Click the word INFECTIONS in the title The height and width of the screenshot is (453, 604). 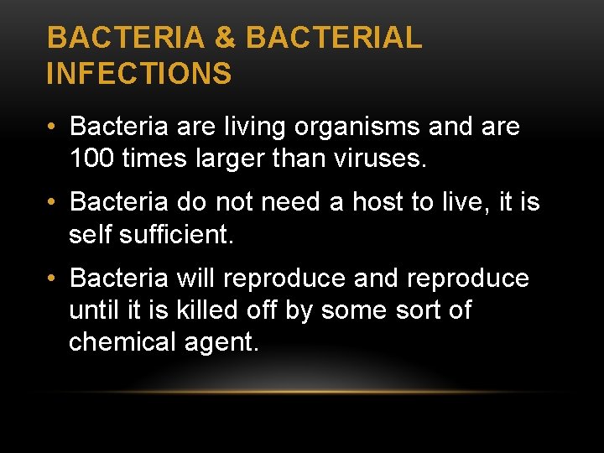pyautogui.click(x=139, y=73)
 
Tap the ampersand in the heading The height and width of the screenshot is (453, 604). pyautogui.click(x=225, y=38)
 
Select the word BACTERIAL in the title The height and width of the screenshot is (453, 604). pyautogui.click(x=334, y=38)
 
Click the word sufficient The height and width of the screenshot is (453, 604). pyautogui.click(x=177, y=234)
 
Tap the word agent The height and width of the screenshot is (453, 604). pyautogui.click(x=224, y=343)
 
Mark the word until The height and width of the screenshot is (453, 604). pyautogui.click(x=91, y=310)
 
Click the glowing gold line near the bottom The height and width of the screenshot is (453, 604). pyautogui.click(x=302, y=392)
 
